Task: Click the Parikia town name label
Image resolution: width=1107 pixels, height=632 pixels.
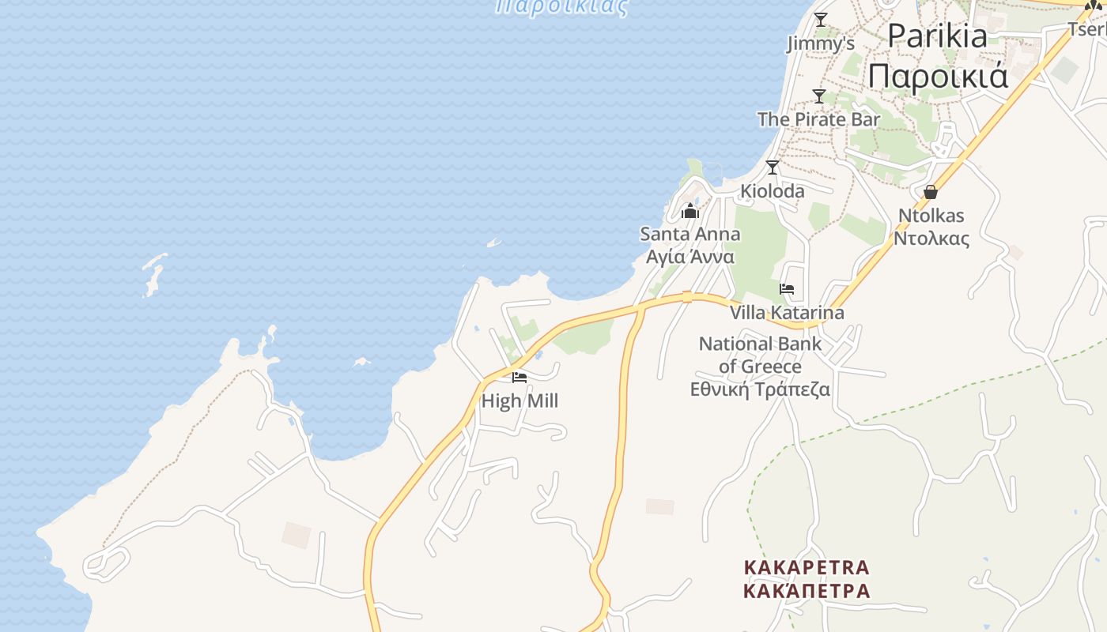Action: [x=937, y=36]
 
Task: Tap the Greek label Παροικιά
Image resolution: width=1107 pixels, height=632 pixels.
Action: [x=938, y=77]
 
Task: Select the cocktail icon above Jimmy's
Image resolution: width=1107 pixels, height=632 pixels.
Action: [x=821, y=20]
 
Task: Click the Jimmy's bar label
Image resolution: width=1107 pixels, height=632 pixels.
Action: [x=821, y=43]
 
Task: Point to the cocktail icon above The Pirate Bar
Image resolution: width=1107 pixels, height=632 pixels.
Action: [x=819, y=96]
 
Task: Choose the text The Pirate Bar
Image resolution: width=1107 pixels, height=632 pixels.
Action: [x=818, y=119]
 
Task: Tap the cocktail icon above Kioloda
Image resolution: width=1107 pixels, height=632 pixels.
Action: [x=773, y=167]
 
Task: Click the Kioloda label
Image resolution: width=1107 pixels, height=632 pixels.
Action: [x=773, y=191]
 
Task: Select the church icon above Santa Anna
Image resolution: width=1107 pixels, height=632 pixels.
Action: [x=690, y=211]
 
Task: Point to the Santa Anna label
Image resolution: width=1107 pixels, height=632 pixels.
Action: [x=690, y=234]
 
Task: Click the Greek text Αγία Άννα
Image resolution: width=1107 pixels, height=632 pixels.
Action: [x=690, y=257]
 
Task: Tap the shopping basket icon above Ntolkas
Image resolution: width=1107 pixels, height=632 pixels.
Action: [x=931, y=192]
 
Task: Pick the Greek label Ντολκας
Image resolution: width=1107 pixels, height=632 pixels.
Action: [x=931, y=238]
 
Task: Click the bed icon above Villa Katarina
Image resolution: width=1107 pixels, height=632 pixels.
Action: [x=787, y=289]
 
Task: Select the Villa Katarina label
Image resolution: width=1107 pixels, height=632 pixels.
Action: [x=787, y=313]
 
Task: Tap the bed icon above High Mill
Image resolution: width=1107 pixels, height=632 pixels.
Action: [x=519, y=378]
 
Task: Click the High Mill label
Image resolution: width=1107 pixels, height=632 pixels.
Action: [x=519, y=401]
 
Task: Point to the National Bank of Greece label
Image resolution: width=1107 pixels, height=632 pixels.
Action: [x=760, y=355]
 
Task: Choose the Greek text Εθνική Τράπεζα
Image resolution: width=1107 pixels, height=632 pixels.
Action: [x=760, y=389]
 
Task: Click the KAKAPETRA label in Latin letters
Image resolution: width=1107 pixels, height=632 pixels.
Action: [x=807, y=567]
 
